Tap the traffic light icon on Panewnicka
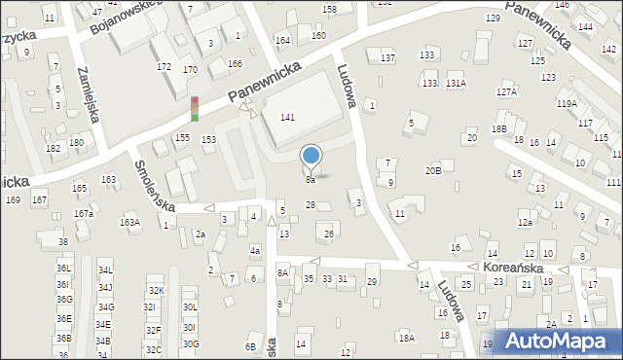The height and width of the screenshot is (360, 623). pos(195,108)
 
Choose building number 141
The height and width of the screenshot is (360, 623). pos(287,117)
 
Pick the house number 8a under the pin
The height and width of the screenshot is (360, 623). pos(310,180)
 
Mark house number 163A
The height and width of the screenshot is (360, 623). pos(129,222)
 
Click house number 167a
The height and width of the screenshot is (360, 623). pos(84,214)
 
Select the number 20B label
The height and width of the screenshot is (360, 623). pos(433,171)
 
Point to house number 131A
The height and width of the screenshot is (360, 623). pos(456,85)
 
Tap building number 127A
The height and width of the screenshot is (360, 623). pos(505,92)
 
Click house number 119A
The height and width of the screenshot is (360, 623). pos(567,103)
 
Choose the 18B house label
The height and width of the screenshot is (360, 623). pos(499,128)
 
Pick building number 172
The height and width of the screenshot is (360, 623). pos(164,67)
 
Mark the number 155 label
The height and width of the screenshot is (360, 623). pos(181,139)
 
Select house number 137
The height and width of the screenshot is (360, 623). pos(387,58)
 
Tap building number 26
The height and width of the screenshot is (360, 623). pos(329,234)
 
